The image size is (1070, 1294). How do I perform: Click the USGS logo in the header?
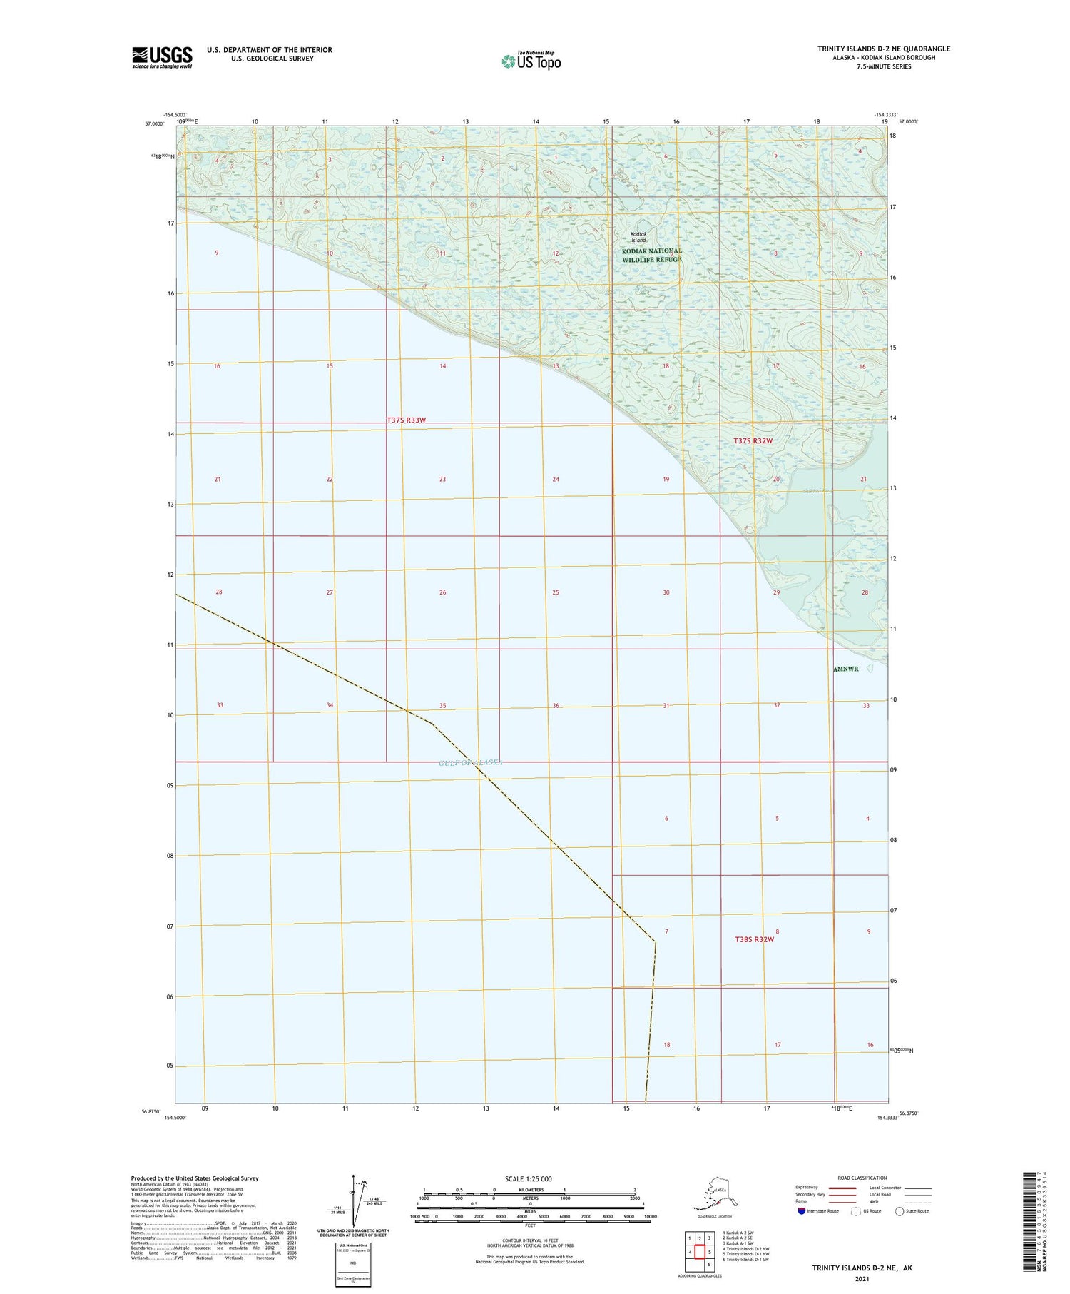click(162, 57)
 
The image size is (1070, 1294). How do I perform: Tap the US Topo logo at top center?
click(531, 61)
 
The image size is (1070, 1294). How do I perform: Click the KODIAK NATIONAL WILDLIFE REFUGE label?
click(652, 255)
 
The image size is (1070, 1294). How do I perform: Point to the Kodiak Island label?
click(638, 237)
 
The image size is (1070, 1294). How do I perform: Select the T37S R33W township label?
click(406, 420)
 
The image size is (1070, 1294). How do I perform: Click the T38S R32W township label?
click(754, 939)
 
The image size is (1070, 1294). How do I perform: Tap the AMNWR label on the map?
click(845, 669)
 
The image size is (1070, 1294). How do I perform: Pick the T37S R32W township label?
click(753, 441)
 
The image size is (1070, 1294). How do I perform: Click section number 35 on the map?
click(442, 706)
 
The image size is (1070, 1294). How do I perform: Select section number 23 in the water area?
click(442, 479)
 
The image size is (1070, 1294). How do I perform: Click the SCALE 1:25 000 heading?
click(528, 1178)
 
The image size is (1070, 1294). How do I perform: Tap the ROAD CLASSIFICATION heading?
click(862, 1178)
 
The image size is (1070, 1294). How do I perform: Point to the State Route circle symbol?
click(900, 1210)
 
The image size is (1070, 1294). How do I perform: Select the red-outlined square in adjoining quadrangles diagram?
click(700, 1252)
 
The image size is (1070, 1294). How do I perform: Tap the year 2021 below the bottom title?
click(862, 1278)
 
